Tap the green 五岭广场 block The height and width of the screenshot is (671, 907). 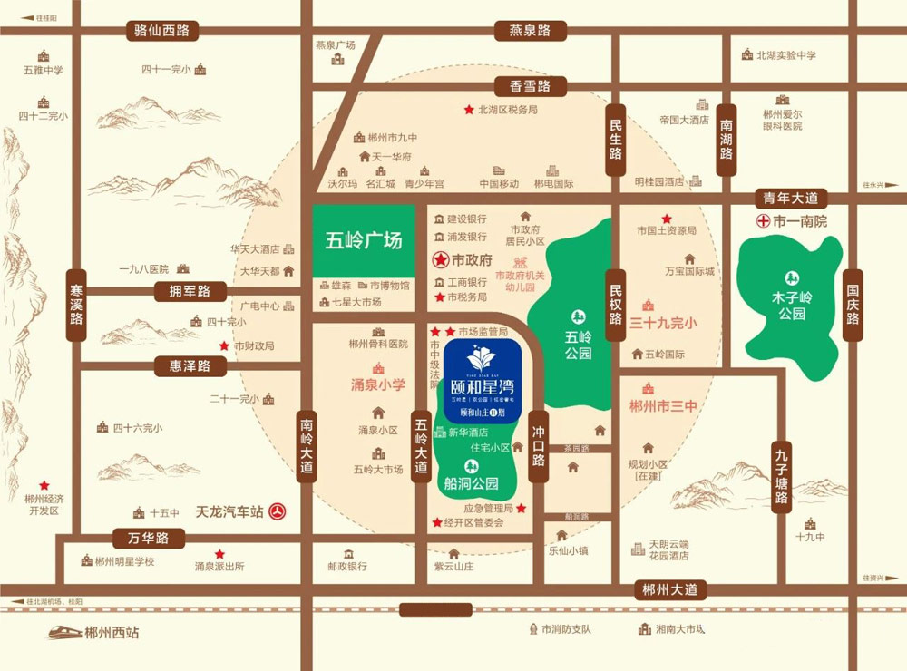363,242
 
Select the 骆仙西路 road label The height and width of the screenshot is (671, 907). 161,31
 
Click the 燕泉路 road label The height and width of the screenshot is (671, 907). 523,31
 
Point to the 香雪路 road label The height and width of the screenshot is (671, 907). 530,87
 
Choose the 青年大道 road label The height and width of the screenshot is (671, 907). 792,198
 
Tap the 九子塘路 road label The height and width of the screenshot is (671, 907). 782,478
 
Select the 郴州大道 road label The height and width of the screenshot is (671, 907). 669,589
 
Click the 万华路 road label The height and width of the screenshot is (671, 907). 149,538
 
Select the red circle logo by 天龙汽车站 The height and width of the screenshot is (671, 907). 279,512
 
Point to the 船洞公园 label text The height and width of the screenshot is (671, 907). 472,483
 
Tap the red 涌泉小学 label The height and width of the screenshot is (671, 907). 377,385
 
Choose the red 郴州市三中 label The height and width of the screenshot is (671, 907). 662,406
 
